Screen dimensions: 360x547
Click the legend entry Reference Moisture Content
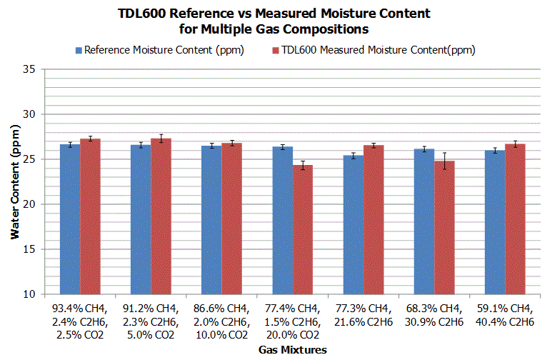click(x=160, y=50)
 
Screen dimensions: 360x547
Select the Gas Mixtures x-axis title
click(x=293, y=350)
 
